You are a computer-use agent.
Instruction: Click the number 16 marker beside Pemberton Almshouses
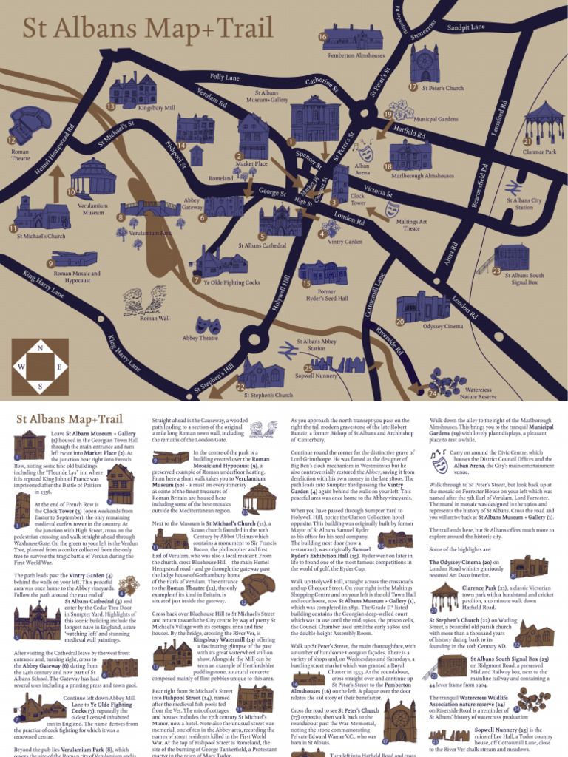(x=322, y=37)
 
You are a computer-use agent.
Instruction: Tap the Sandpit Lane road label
(x=465, y=28)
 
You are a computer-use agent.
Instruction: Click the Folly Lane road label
(x=224, y=77)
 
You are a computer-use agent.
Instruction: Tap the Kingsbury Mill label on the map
(x=157, y=107)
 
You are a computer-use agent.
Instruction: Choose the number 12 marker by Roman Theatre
(x=10, y=140)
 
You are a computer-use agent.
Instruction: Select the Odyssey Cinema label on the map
(x=443, y=326)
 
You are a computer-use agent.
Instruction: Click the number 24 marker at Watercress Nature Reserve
(x=433, y=394)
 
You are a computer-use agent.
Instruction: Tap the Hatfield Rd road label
(x=409, y=131)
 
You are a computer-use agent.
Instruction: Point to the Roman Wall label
(x=155, y=318)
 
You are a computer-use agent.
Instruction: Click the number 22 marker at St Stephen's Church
(x=240, y=387)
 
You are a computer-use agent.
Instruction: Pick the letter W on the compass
(x=21, y=367)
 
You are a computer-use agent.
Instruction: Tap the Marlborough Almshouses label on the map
(x=422, y=176)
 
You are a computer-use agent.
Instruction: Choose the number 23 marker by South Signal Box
(x=497, y=271)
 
